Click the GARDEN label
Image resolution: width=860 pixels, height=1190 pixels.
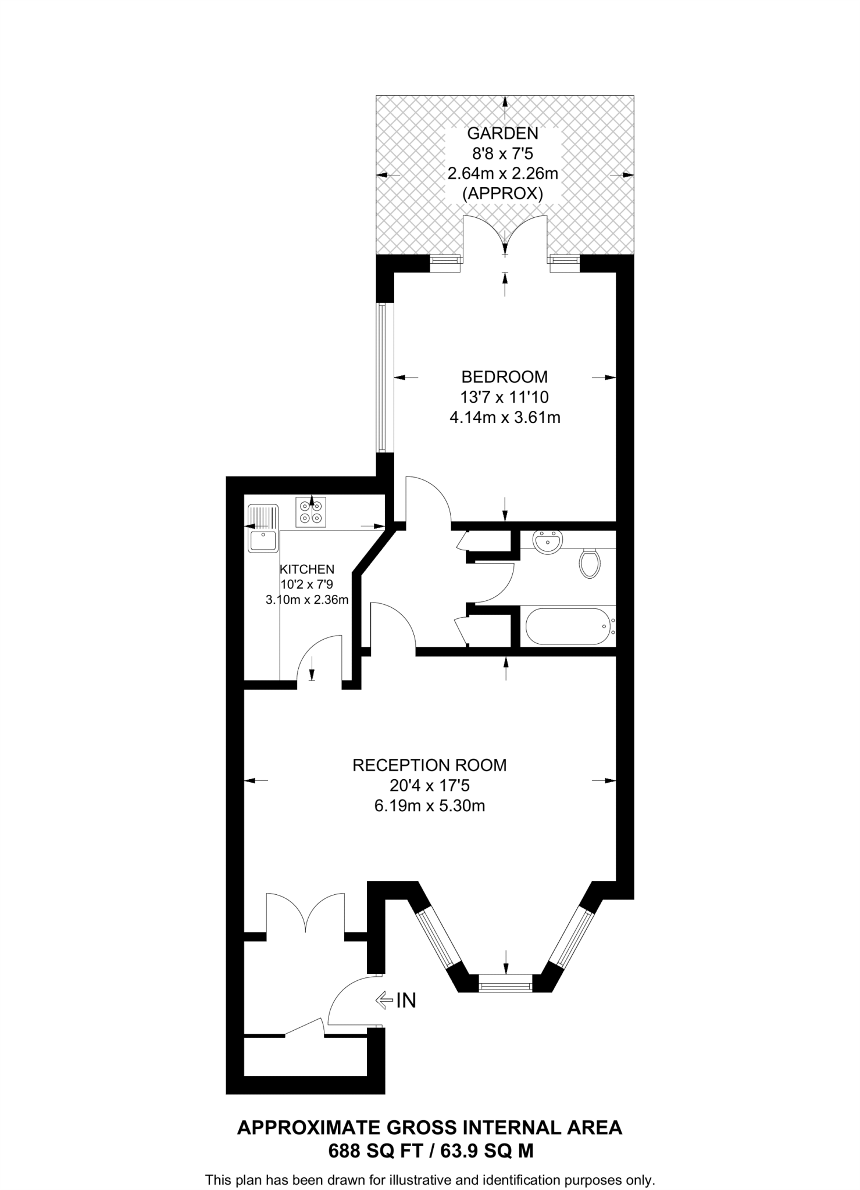[503, 134]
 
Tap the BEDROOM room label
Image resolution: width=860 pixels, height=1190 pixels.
[504, 377]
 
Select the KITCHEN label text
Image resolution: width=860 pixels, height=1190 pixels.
[307, 569]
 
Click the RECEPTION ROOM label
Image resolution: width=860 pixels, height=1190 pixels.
[430, 765]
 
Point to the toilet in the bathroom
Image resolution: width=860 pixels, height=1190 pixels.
[590, 563]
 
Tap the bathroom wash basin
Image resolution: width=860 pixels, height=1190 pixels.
[547, 542]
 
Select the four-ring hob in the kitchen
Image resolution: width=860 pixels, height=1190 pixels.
[311, 512]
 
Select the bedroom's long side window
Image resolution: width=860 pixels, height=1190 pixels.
[381, 378]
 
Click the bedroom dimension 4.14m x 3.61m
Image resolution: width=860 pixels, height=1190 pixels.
[505, 417]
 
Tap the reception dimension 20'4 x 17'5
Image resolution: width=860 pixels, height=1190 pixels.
[430, 786]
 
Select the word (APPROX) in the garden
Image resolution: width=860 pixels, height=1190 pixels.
[502, 193]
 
